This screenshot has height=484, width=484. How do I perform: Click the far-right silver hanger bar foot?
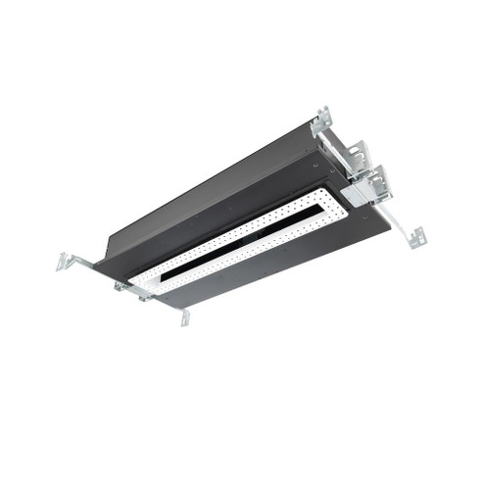pos(417,236)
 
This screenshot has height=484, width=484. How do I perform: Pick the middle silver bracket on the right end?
pos(355,154)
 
